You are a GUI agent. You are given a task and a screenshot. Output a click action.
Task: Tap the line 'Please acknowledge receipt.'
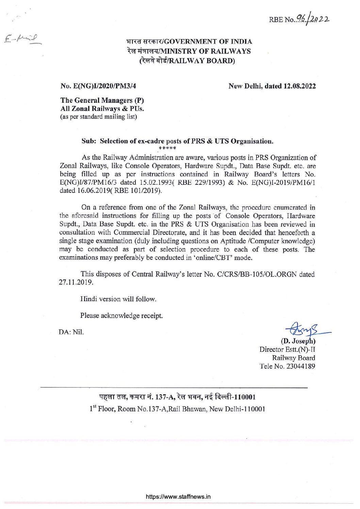pyautogui.click(x=121, y=315)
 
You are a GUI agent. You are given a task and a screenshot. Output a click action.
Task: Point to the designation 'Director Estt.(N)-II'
pyautogui.click(x=287, y=349)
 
